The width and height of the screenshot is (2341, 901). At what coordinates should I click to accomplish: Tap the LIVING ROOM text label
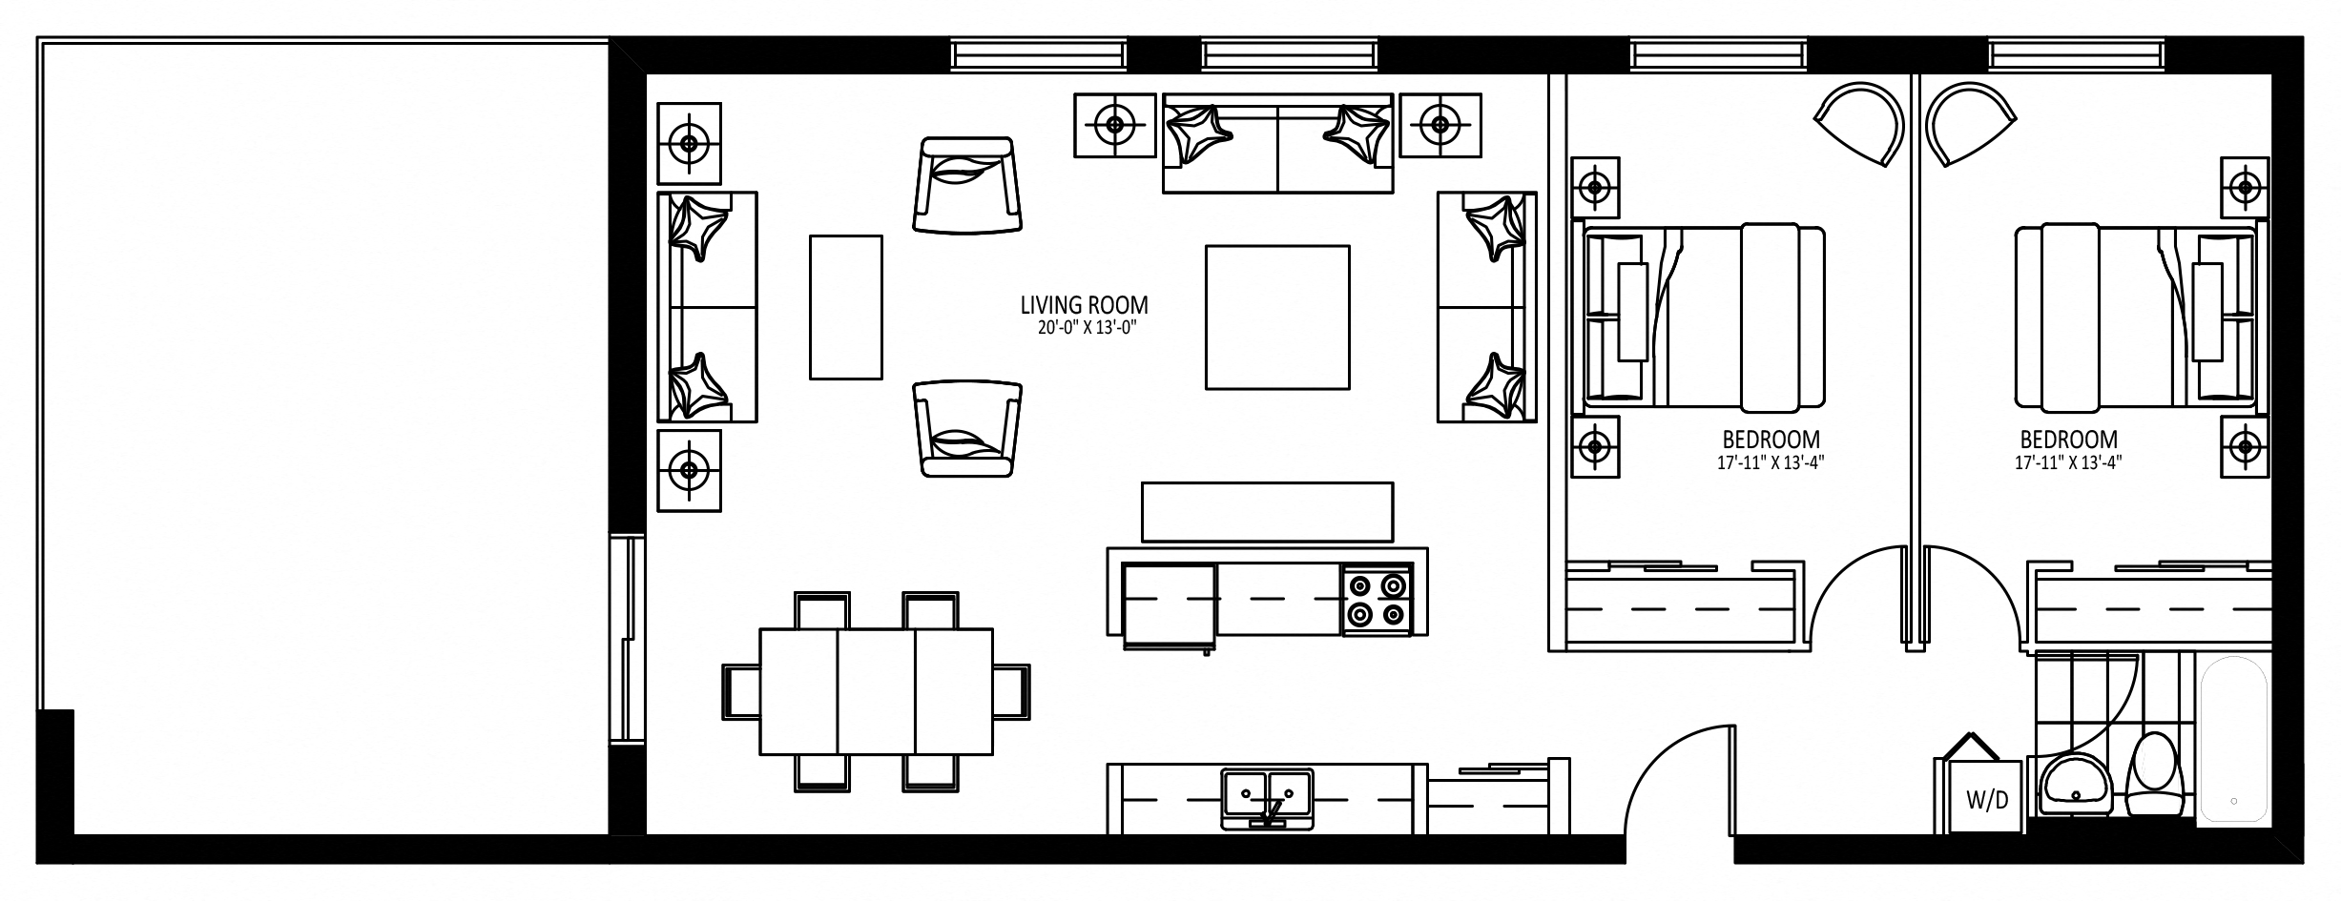tap(1084, 305)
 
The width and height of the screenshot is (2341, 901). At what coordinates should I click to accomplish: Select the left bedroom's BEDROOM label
tap(1771, 440)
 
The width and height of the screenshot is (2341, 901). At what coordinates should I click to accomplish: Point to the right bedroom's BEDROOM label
tap(2069, 440)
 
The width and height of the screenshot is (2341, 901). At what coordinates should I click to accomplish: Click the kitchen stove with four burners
tap(1377, 599)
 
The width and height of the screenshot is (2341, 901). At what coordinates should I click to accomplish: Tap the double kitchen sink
tap(1267, 799)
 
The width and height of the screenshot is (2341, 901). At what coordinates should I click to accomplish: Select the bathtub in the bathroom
tap(2233, 740)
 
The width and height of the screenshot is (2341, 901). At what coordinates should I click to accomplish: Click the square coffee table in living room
tap(1277, 317)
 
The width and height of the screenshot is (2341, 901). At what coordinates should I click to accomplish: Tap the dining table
tap(876, 691)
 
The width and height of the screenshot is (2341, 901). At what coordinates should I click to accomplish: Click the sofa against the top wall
tap(1278, 144)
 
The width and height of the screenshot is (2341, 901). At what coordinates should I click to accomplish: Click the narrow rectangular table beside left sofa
tap(846, 307)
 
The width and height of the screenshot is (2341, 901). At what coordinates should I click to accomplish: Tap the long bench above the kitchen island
tap(1267, 512)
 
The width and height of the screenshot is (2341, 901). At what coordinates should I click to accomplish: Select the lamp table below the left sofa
tap(689, 469)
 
